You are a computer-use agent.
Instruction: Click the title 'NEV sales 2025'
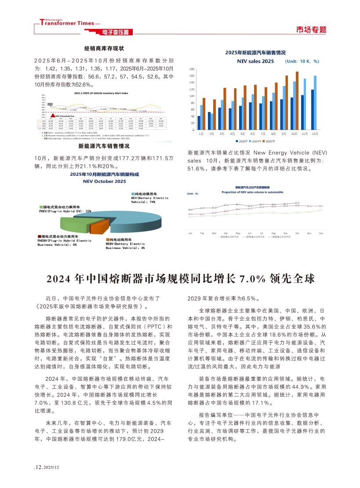pos(255,61)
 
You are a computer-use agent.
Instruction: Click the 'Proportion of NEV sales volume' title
pos(252,192)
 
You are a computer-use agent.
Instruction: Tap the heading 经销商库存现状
pos(104,48)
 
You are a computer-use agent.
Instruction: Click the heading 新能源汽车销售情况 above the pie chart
pos(104,146)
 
